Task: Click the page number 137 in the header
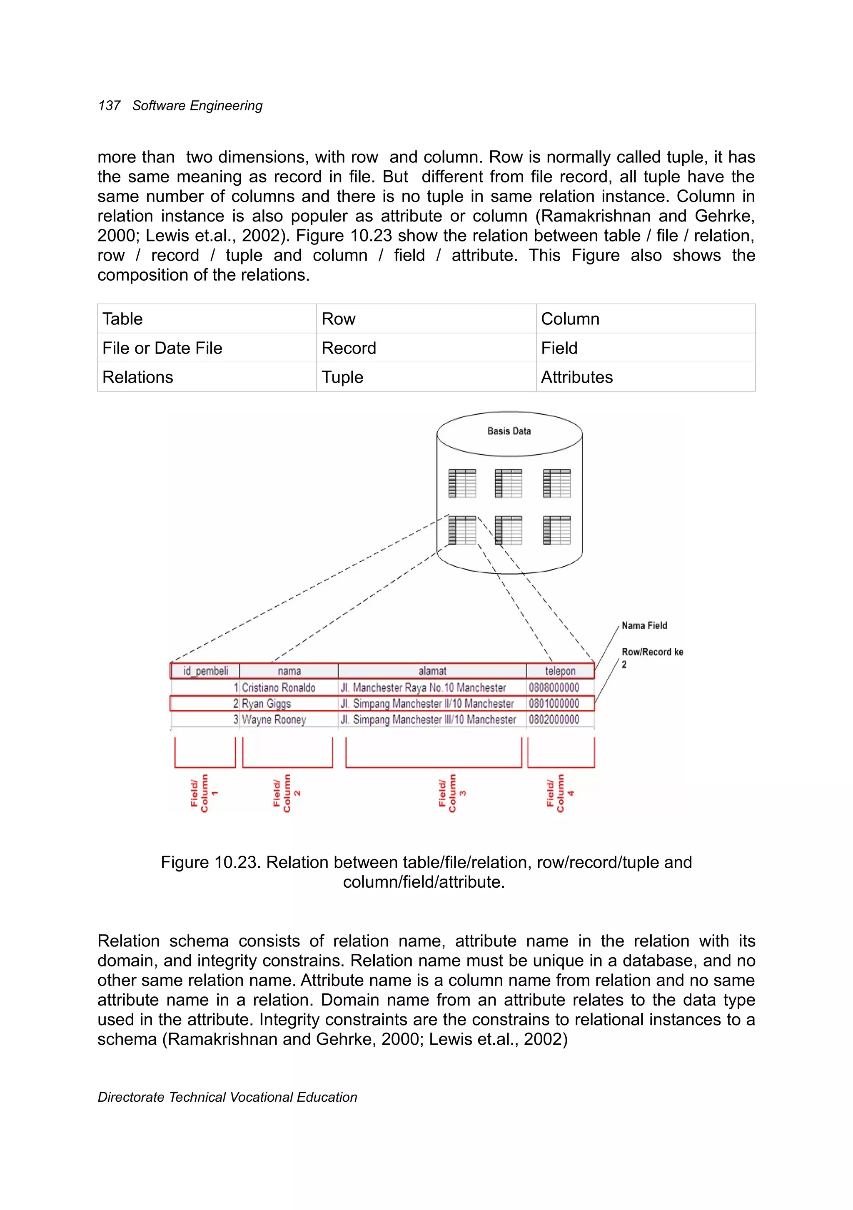(109, 106)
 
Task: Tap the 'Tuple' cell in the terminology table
(343, 377)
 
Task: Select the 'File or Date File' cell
(162, 349)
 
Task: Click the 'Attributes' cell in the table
(577, 377)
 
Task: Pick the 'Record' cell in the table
(349, 349)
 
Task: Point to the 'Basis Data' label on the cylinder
(509, 431)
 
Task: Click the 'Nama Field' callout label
(644, 625)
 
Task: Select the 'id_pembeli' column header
(206, 671)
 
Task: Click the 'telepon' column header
(560, 671)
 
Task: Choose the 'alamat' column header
(432, 671)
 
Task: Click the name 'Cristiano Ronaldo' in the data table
(278, 688)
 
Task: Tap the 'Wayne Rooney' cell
(274, 720)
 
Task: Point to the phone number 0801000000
(554, 704)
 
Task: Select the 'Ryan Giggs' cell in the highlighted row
(266, 704)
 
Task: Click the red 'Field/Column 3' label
(452, 793)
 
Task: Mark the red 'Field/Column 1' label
(204, 793)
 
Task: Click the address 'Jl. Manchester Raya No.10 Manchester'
(423, 688)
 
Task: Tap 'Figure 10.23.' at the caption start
(211, 863)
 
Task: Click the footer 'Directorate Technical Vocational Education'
(227, 1097)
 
